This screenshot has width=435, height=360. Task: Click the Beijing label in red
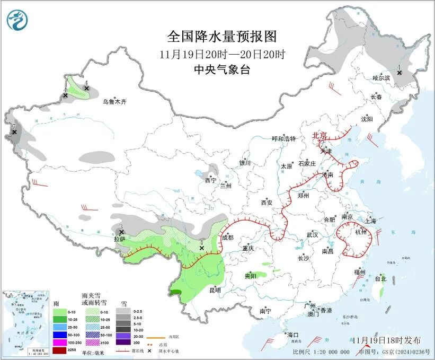click(319, 136)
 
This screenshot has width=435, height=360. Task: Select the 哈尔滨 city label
click(381, 78)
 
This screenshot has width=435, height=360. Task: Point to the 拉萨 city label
click(119, 239)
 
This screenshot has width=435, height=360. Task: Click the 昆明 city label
click(215, 290)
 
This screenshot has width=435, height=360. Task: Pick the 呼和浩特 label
click(283, 139)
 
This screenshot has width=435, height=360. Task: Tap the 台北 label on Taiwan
click(380, 278)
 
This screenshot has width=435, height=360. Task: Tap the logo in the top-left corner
click(17, 20)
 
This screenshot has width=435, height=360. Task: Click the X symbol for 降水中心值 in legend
click(150, 351)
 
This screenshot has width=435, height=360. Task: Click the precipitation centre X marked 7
click(14, 132)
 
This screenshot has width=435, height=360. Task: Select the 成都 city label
click(227, 238)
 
